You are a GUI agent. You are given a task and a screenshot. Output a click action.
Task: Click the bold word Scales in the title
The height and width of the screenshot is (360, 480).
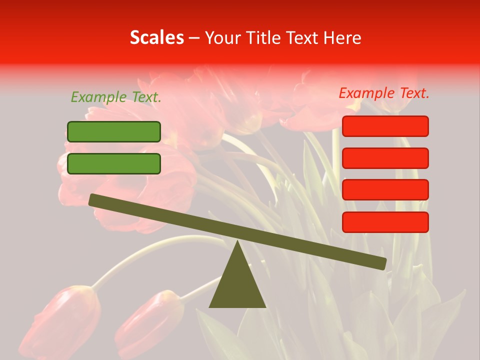tap(156, 37)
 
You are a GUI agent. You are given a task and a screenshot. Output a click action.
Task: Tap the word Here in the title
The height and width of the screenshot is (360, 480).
tap(342, 37)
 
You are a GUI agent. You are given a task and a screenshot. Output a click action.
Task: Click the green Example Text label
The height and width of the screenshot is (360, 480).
tap(116, 97)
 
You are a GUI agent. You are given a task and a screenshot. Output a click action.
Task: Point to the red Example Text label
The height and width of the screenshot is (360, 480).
tap(384, 93)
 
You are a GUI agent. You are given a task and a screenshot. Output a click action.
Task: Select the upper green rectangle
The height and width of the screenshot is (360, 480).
tap(114, 131)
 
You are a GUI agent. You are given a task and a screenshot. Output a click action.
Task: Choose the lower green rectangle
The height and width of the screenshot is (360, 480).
tap(114, 163)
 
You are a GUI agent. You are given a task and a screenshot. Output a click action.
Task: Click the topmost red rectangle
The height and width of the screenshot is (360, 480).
tap(385, 126)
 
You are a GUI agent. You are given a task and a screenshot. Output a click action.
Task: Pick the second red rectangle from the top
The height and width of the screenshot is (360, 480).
tap(385, 158)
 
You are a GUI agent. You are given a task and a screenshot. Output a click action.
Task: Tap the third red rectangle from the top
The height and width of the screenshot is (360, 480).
tap(385, 190)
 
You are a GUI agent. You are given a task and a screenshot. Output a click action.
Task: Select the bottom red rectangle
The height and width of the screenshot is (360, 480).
tap(385, 222)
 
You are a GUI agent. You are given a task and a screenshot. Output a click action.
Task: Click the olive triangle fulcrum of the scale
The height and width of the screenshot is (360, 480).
tap(237, 285)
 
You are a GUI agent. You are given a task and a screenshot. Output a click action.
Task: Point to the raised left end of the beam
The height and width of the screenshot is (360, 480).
tap(93, 199)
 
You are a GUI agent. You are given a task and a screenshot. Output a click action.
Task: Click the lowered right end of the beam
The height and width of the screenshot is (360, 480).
tap(382, 263)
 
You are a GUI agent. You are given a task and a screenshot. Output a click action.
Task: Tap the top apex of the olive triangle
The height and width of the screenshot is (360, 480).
tap(237, 242)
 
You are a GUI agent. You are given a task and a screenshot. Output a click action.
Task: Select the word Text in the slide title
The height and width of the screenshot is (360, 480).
tap(304, 37)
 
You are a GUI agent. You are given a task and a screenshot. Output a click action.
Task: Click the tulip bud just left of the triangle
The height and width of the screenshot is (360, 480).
tap(150, 320)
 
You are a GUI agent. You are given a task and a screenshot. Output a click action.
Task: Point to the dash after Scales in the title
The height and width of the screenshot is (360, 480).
tap(194, 37)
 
